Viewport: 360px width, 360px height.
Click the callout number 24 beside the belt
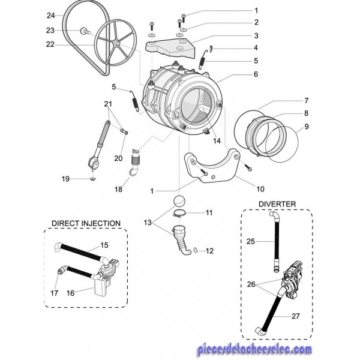(51, 16)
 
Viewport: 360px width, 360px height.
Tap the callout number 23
(50, 31)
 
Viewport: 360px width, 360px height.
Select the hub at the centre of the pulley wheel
(116, 43)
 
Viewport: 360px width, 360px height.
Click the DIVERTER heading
(277, 204)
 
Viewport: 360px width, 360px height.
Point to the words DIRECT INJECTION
(86, 223)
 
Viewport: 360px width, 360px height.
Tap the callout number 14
(217, 140)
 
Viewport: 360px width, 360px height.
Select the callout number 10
(260, 189)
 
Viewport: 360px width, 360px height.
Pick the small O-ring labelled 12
(196, 250)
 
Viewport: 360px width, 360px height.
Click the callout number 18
(118, 189)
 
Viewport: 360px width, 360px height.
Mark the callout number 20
(118, 158)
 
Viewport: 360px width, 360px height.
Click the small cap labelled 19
(93, 179)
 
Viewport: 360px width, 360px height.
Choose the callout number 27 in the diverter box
(295, 316)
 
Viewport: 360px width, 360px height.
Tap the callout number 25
(251, 241)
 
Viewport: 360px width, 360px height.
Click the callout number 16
(70, 293)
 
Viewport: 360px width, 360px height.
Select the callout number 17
(54, 293)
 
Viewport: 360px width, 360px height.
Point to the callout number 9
(307, 126)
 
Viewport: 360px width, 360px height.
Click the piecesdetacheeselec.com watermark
(254, 349)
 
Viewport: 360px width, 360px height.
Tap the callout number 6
(256, 74)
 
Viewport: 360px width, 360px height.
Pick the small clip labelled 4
(211, 48)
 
